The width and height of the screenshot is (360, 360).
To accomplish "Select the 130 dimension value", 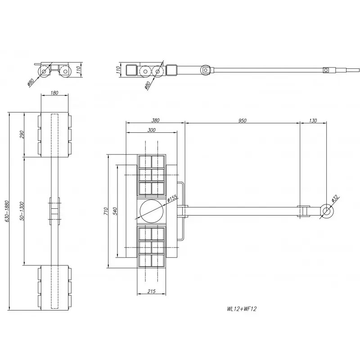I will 313,120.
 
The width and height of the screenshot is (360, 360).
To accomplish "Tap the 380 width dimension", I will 155,120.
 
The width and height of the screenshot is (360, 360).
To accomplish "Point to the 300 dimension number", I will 151,130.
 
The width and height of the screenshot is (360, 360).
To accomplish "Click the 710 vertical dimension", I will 105,211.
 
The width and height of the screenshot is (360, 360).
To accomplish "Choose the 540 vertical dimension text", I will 115,211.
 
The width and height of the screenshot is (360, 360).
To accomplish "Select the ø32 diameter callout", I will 334,198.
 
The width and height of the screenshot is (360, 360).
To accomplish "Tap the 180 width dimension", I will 55,93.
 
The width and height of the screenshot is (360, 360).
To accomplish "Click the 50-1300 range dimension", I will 22,211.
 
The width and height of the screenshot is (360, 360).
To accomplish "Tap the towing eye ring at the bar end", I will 326,211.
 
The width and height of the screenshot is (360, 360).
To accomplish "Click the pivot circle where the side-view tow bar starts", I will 205,70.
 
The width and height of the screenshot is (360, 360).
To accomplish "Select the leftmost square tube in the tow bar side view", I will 132,70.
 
